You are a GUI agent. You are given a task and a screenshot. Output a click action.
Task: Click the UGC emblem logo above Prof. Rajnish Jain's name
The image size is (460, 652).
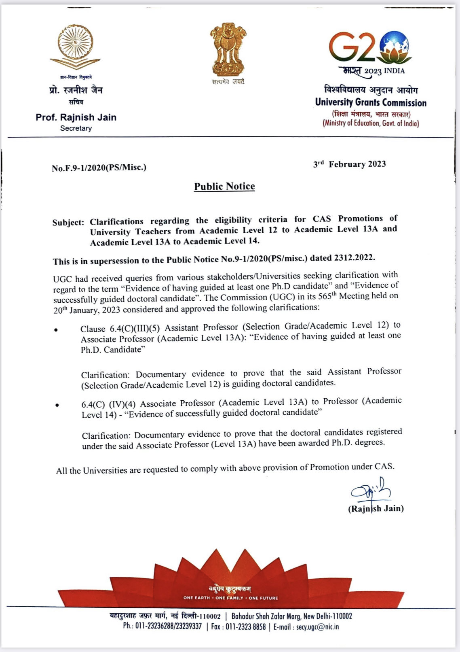pyautogui.click(x=76, y=47)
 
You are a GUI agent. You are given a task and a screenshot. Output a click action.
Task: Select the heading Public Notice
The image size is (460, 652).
pyautogui.click(x=224, y=187)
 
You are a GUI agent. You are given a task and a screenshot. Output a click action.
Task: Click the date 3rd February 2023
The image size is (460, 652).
pyautogui.click(x=349, y=164)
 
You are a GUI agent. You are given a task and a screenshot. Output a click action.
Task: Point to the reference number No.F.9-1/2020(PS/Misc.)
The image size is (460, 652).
pyautogui.click(x=99, y=167)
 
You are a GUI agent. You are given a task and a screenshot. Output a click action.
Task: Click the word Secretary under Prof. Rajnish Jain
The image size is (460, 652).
pyautogui.click(x=76, y=128)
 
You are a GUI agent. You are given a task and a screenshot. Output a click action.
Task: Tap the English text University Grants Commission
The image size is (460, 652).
pyautogui.click(x=371, y=102)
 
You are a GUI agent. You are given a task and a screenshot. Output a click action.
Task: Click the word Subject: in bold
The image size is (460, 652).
pyautogui.click(x=68, y=223)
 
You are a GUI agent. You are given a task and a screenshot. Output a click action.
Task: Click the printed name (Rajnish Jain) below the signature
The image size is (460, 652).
pyautogui.click(x=376, y=509)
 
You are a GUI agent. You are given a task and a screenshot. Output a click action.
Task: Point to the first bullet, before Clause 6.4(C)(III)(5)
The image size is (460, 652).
pyautogui.click(x=56, y=330)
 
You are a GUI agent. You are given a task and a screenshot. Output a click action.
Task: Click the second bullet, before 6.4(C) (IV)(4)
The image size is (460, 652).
pyautogui.click(x=57, y=405)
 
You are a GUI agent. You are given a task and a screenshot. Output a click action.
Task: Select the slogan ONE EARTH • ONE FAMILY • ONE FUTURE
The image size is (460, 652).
pyautogui.click(x=230, y=598)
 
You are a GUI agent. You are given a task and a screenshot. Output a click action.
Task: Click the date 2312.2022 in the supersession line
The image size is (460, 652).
pyautogui.click(x=354, y=257)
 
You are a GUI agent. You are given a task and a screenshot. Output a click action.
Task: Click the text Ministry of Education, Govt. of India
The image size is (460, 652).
pyautogui.click(x=371, y=123)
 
